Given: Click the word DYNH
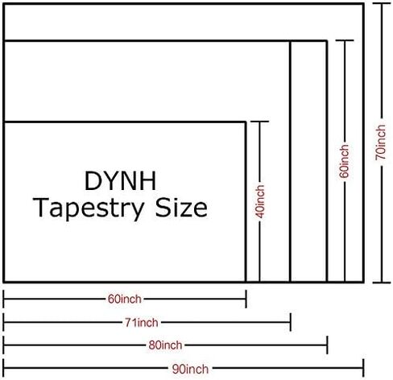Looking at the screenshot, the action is pyautogui.click(x=120, y=181).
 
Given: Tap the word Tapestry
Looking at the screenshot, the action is pyautogui.click(x=89, y=209).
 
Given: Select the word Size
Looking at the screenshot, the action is pyautogui.click(x=181, y=207).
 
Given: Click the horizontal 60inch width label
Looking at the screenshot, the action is pyautogui.click(x=125, y=299).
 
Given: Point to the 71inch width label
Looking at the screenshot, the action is pyautogui.click(x=142, y=322).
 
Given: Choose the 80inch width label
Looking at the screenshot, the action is pyautogui.click(x=165, y=345).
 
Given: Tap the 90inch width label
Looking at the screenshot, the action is pyautogui.click(x=190, y=370).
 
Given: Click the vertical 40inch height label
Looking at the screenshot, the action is pyautogui.click(x=260, y=201).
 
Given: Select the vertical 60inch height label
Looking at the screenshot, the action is pyautogui.click(x=345, y=161).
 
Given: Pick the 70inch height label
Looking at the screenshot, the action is pyautogui.click(x=381, y=142).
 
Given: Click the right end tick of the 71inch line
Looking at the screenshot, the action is pyautogui.click(x=291, y=322).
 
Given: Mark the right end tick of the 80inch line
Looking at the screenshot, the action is pyautogui.click(x=327, y=345).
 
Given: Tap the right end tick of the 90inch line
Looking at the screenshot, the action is pyautogui.click(x=363, y=368).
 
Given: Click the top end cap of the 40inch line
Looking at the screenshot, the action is pyautogui.click(x=259, y=122).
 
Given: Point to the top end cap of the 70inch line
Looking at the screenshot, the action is pyautogui.click(x=382, y=3).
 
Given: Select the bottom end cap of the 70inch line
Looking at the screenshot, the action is pyautogui.click(x=382, y=283).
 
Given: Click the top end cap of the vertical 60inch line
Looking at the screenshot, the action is pyautogui.click(x=345, y=40).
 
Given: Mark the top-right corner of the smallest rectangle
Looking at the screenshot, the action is pyautogui.click(x=246, y=122).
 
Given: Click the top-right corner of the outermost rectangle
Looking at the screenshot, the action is pyautogui.click(x=363, y=4).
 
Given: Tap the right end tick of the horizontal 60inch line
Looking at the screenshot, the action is pyautogui.click(x=246, y=299).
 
